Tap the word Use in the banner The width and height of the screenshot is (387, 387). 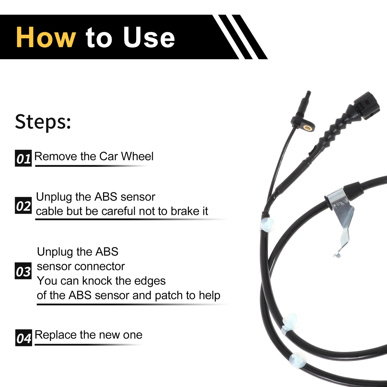(x=149, y=37)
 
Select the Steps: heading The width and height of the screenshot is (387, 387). (x=43, y=122)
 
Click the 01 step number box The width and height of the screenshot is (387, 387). (x=23, y=158)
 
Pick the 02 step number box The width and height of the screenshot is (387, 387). (x=23, y=205)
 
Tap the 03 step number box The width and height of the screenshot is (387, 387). (x=23, y=271)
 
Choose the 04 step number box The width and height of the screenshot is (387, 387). (x=24, y=338)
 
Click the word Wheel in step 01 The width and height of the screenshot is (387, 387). (x=137, y=156)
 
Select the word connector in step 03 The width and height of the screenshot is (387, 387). (x=100, y=267)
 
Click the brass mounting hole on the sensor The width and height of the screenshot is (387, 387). (x=306, y=127)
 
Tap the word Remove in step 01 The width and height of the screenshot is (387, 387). (x=56, y=156)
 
